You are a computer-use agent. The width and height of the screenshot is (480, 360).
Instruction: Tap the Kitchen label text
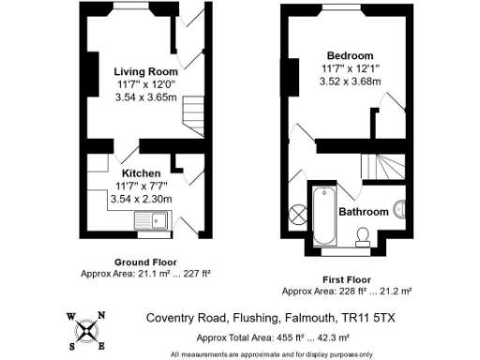click(141, 173)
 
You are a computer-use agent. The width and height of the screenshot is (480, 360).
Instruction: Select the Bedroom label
click(350, 55)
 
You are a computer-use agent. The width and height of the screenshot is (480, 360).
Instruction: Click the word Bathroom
click(363, 212)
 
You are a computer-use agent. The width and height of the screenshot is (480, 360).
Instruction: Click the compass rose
click(87, 329)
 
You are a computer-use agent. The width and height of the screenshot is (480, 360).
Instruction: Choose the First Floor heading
click(345, 279)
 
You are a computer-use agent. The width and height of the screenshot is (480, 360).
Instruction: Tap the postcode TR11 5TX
click(371, 319)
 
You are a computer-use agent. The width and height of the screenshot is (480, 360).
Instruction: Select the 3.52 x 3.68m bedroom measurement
click(350, 81)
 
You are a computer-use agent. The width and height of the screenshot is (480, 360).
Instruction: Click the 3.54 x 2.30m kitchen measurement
click(141, 199)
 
